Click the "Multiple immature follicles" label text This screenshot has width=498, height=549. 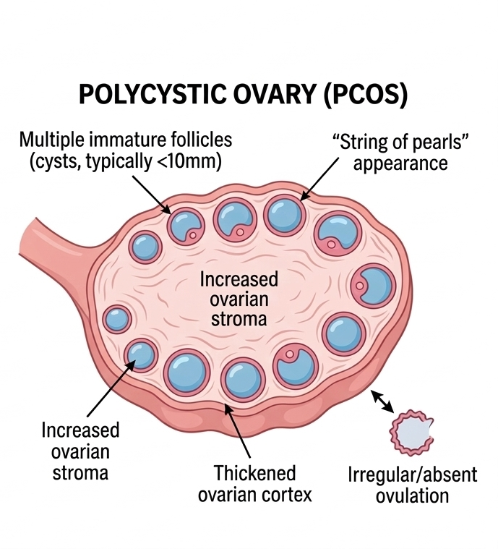pyautogui.click(x=126, y=139)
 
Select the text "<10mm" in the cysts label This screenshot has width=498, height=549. pyautogui.click(x=195, y=161)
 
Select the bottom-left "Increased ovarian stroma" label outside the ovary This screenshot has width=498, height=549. pyautogui.click(x=80, y=451)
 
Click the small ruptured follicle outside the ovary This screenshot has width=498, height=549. pyautogui.click(x=411, y=432)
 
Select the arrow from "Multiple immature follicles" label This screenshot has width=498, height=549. pyautogui.click(x=148, y=190)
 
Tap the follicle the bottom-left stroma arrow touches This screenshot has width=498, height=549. pyautogui.click(x=140, y=354)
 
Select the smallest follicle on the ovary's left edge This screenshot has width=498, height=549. pyautogui.click(x=116, y=318)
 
